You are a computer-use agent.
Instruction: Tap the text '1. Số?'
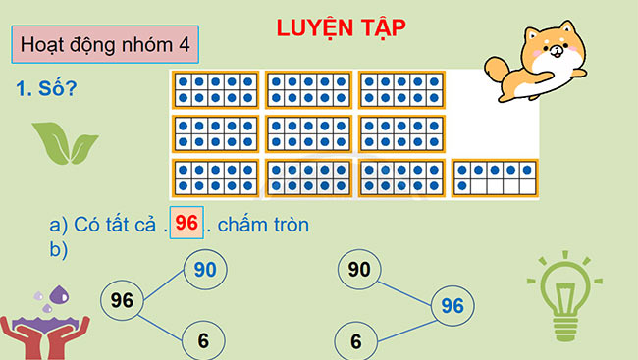47,89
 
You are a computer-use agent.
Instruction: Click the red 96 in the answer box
186,224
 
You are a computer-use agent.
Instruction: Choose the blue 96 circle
452,306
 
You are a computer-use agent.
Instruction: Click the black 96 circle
123,299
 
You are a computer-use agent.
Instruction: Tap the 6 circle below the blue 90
203,340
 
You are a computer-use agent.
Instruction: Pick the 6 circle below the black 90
355,340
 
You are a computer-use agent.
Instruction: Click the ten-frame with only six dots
495,178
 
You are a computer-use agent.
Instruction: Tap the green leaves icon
65,142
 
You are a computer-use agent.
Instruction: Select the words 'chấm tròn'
263,225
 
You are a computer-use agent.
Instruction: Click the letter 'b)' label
59,249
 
